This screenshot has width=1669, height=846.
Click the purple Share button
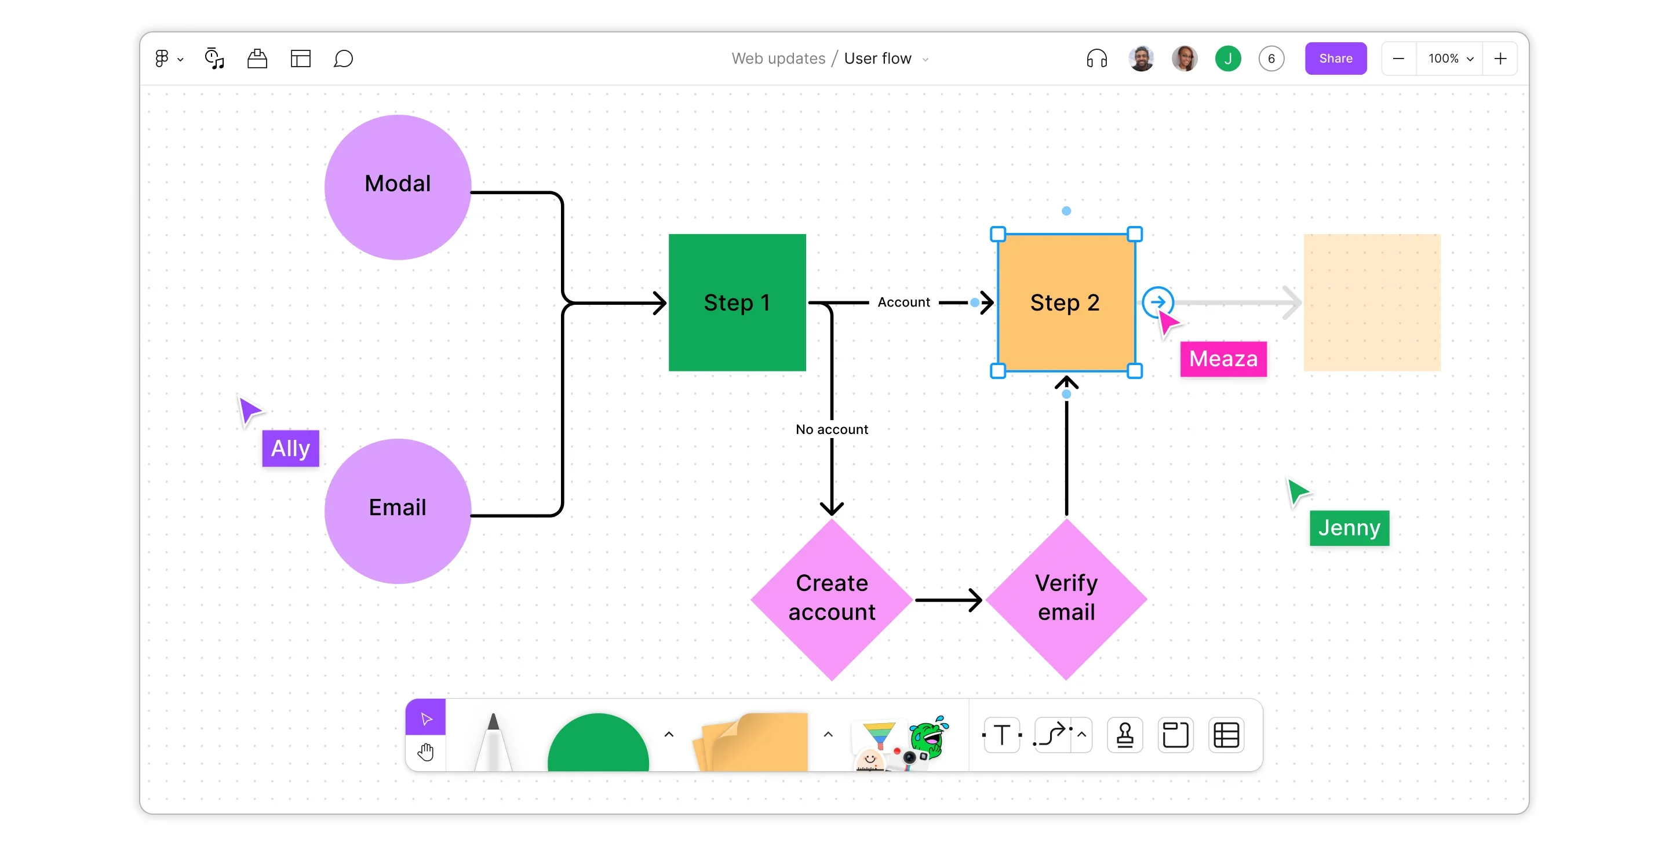tap(1335, 59)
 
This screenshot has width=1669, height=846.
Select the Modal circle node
tap(397, 187)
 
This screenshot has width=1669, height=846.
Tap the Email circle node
tap(397, 510)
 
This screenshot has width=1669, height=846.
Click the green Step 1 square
tap(737, 302)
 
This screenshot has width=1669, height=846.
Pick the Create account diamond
tap(831, 599)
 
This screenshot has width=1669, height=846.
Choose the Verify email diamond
tap(1066, 599)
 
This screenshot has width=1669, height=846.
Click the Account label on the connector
tap(903, 302)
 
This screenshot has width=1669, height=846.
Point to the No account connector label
tap(831, 429)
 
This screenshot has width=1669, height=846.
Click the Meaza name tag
tap(1223, 358)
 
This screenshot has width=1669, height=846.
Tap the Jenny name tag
tap(1349, 527)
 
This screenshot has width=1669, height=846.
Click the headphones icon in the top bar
tap(1096, 59)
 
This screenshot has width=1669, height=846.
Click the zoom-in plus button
tap(1500, 59)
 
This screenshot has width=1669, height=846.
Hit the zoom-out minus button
tap(1398, 59)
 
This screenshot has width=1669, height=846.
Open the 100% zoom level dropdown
tap(1450, 59)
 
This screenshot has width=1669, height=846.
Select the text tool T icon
tap(1001, 735)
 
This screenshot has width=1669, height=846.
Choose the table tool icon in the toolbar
tap(1226, 735)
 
